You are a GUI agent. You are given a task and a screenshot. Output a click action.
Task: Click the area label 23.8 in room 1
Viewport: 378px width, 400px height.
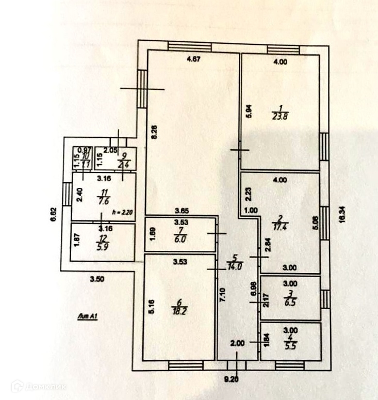[x=280, y=116]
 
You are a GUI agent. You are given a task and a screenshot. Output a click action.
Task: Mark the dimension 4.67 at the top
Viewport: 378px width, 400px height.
[x=193, y=58]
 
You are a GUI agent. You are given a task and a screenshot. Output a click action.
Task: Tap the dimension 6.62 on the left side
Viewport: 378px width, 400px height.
[x=54, y=214]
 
